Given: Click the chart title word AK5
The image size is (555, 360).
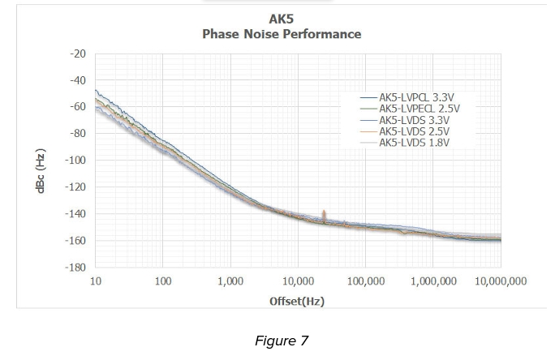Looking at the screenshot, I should tap(281, 19).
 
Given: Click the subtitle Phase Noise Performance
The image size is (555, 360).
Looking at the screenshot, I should tap(281, 34).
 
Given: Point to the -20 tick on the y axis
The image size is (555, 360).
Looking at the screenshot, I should tap(77, 54).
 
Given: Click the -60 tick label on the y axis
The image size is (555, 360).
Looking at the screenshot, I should tap(77, 107).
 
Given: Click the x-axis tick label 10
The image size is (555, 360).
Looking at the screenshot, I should tap(96, 281).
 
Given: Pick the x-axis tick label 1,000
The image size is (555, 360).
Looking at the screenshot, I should tap(230, 281).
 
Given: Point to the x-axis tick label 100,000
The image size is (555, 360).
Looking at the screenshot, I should tap(366, 281).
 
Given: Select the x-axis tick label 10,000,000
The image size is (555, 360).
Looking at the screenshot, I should tap(501, 281).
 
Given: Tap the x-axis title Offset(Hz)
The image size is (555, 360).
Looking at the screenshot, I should tap(297, 301).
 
